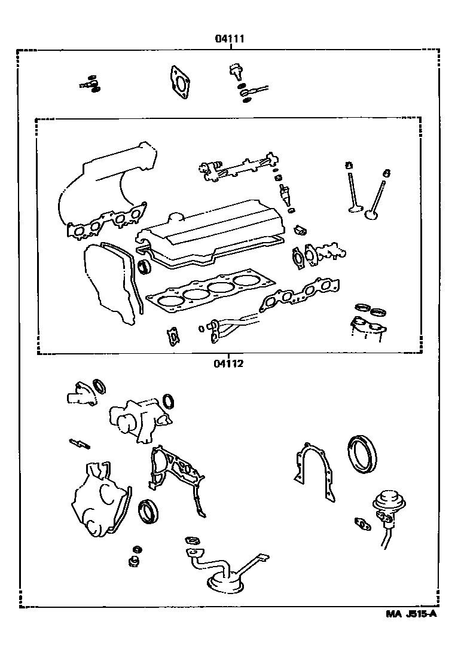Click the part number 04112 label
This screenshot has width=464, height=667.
[x=228, y=363]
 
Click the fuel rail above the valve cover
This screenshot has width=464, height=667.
[x=239, y=167]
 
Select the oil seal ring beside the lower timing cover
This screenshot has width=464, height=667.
[x=148, y=512]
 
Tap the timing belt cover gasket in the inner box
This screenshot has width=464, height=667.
[x=111, y=284]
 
